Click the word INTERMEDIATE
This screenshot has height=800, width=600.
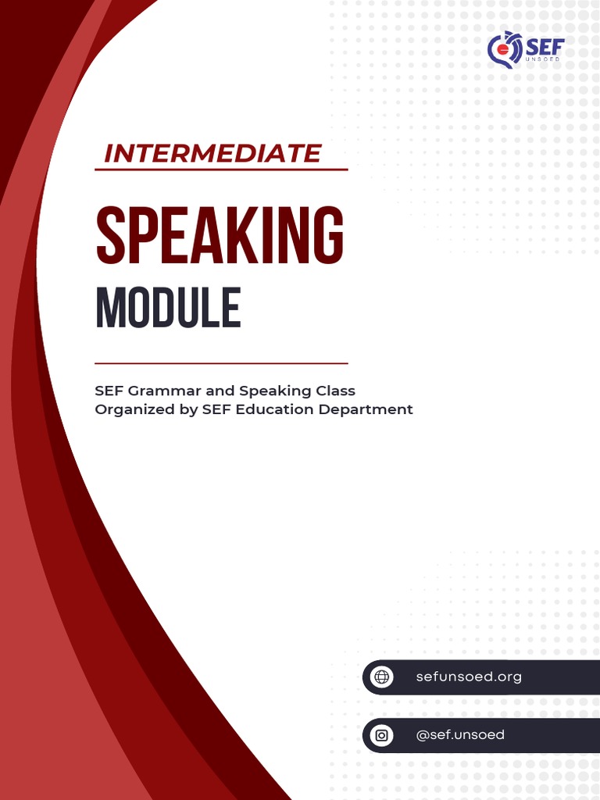(x=212, y=153)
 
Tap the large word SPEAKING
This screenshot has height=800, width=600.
(x=220, y=235)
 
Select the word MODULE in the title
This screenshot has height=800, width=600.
(x=168, y=309)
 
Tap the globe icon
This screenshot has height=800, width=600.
(x=382, y=677)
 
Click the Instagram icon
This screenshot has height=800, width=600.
(x=382, y=735)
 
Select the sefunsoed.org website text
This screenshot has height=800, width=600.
(x=469, y=677)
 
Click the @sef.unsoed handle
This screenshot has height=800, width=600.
(x=460, y=735)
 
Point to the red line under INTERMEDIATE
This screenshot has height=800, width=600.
(x=221, y=170)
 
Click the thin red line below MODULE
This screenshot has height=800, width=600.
(x=221, y=363)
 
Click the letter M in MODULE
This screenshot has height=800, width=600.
(x=108, y=309)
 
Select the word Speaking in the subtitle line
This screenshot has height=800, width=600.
(x=275, y=391)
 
